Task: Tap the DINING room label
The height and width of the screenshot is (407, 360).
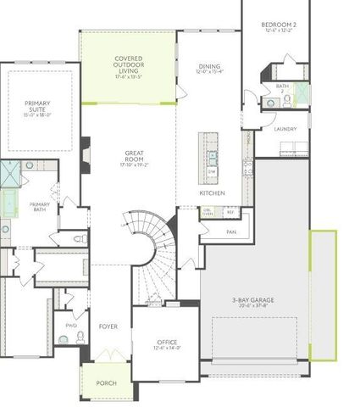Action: (x=209, y=69)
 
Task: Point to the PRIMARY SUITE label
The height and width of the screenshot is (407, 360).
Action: (x=37, y=108)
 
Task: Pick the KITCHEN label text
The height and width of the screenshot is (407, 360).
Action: (x=212, y=192)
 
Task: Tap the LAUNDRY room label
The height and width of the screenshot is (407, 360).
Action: (x=285, y=128)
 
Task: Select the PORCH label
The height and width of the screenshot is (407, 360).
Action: (x=106, y=383)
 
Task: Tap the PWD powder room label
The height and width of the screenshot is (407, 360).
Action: (x=71, y=325)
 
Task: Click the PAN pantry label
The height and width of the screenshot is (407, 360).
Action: (x=230, y=231)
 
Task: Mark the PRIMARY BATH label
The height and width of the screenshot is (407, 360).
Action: (x=39, y=206)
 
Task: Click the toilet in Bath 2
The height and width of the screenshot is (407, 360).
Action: (x=288, y=99)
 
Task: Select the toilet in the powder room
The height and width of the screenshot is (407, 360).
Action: (x=80, y=337)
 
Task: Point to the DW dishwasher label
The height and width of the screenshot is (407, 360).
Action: (x=212, y=172)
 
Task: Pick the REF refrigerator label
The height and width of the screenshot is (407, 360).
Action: (x=230, y=212)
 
